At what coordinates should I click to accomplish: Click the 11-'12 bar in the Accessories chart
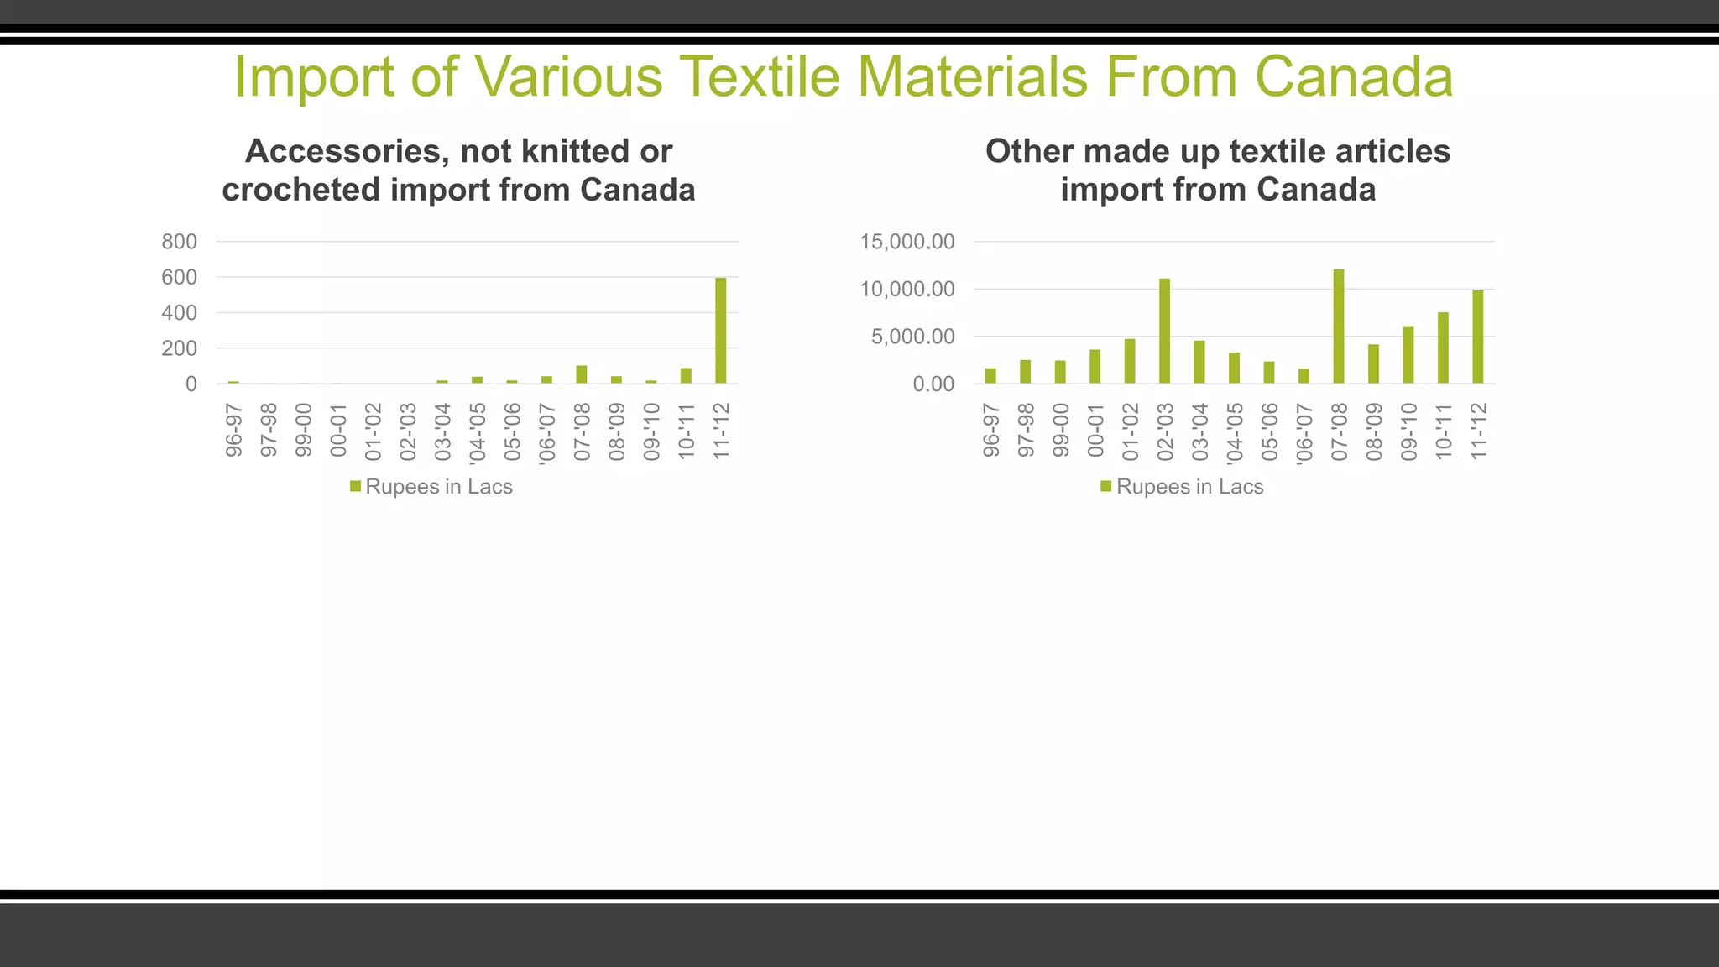[720, 331]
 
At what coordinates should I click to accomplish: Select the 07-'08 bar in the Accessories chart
[581, 374]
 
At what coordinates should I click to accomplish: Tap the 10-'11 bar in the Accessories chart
[686, 375]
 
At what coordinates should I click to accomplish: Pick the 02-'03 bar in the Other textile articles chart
[1164, 331]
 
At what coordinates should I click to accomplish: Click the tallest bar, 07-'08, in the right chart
[1338, 327]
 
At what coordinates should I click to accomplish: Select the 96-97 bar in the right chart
[990, 376]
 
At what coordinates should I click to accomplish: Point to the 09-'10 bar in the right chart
[1408, 355]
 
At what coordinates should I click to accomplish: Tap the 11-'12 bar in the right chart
[1477, 337]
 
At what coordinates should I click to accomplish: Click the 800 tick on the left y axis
[179, 242]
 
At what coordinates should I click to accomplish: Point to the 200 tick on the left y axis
[179, 348]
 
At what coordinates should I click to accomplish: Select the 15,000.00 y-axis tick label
[907, 242]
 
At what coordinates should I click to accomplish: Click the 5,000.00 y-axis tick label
[912, 337]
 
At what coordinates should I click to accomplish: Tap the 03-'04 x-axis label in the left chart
[443, 431]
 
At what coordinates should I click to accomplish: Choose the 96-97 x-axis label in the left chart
[234, 431]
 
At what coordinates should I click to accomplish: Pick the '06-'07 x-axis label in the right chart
[1304, 433]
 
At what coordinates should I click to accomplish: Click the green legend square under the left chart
[355, 486]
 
